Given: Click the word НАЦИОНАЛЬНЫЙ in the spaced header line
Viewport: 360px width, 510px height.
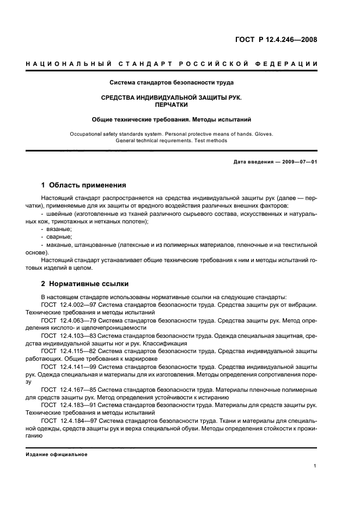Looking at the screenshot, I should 68,65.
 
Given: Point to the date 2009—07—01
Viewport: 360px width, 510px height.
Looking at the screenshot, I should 298,162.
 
